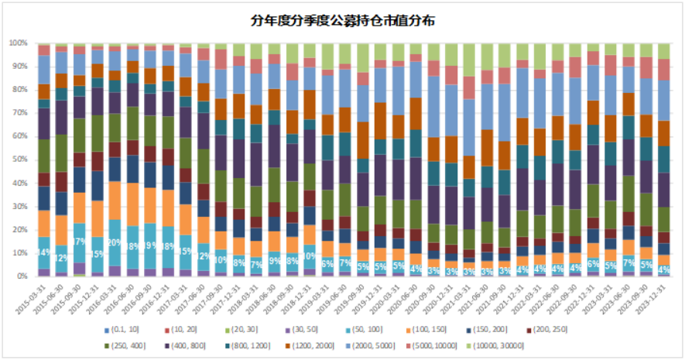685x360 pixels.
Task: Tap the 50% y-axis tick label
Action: pyautogui.click(x=19, y=159)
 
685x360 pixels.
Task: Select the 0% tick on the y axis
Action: pyautogui.click(x=21, y=276)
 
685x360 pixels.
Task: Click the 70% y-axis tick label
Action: pyautogui.click(x=19, y=113)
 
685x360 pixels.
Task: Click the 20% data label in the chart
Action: pyautogui.click(x=114, y=242)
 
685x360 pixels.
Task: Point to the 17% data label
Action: pyautogui.click(x=79, y=242)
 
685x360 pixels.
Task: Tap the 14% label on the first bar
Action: pyautogui.click(x=43, y=252)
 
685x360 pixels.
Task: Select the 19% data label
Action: pyautogui.click(x=149, y=245)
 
